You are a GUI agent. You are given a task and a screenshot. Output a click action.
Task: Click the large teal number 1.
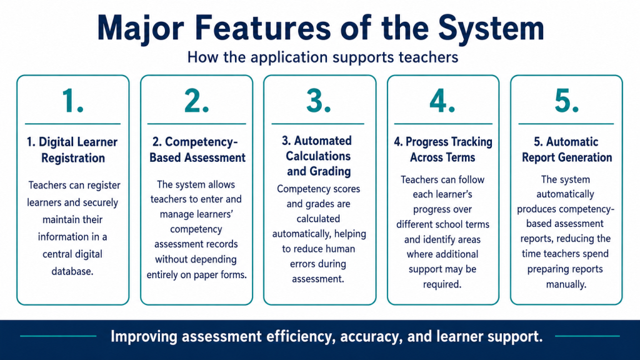(x=72, y=101)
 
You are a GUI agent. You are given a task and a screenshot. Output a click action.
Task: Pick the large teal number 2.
(x=196, y=101)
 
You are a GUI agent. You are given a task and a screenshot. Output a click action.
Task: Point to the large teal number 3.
(x=318, y=101)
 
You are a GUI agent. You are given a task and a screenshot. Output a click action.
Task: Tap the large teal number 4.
(x=442, y=101)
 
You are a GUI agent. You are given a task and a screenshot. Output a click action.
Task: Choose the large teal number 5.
(x=566, y=101)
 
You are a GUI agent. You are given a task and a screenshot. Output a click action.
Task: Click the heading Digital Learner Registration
(x=72, y=150)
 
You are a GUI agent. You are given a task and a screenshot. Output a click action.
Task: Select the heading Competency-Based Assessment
(x=197, y=150)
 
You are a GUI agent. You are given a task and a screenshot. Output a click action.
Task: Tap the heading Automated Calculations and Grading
(x=318, y=156)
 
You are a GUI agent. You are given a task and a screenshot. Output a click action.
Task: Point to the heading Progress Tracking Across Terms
(x=443, y=149)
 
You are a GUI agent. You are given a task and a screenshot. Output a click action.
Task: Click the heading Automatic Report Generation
(x=566, y=149)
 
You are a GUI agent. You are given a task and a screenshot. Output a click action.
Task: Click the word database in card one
(x=72, y=271)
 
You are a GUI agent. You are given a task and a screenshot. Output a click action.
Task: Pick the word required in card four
(x=442, y=284)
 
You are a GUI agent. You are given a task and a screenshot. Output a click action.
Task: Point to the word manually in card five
(x=566, y=284)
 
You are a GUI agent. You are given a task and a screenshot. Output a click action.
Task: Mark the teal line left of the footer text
(x=58, y=336)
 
